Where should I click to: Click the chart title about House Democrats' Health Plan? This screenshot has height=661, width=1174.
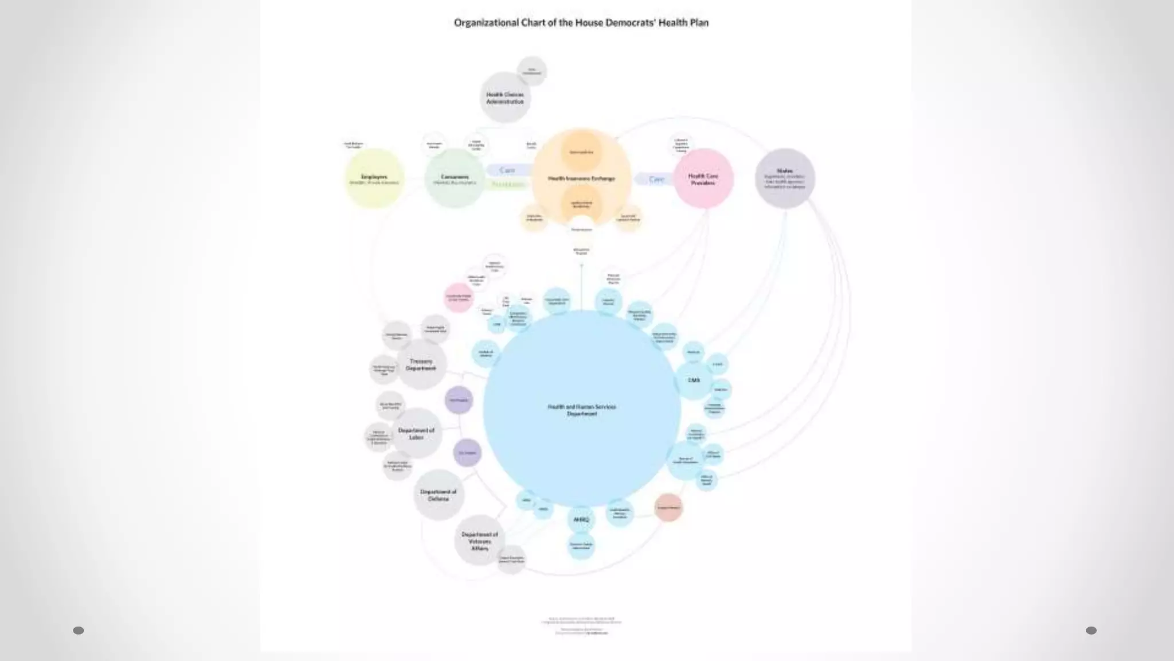(581, 23)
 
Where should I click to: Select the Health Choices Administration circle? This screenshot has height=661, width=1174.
(505, 98)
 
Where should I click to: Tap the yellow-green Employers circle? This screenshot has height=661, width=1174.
(374, 178)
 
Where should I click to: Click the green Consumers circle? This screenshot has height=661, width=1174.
(455, 178)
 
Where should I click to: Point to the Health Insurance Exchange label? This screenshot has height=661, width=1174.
(581, 178)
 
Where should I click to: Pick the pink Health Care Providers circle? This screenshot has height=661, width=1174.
(703, 178)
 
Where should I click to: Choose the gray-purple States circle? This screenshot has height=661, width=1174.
(784, 178)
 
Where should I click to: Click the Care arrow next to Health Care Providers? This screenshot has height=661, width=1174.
(655, 180)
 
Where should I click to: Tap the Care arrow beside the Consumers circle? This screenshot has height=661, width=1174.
(507, 170)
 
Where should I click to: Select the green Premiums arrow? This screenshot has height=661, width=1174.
(508, 184)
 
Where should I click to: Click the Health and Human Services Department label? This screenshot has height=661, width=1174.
(581, 410)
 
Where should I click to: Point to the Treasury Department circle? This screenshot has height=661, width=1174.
(421, 364)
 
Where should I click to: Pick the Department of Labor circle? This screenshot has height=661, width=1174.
(417, 433)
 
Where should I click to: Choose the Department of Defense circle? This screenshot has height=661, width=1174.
(439, 495)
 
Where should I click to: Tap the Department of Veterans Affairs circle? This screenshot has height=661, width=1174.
(480, 541)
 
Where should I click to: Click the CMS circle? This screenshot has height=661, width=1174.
(694, 380)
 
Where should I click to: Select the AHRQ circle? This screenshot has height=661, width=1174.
(581, 520)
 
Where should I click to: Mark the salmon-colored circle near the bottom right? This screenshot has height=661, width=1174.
(668, 507)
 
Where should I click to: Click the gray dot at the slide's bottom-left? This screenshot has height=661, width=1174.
(79, 631)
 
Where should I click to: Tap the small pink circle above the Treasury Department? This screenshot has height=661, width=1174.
(459, 298)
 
